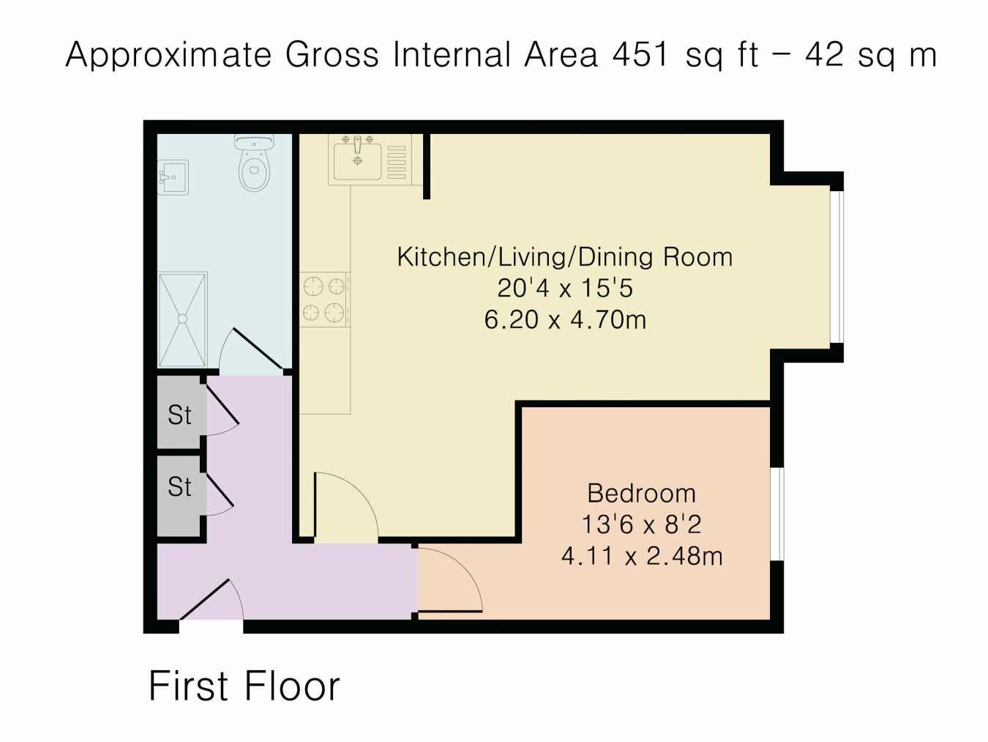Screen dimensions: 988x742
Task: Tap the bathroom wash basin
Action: click(x=173, y=177)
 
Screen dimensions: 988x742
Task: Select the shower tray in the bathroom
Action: click(x=182, y=319)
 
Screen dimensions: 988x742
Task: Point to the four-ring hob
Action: click(x=324, y=299)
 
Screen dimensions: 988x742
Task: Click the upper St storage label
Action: click(x=179, y=415)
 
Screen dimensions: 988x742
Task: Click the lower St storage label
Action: click(x=179, y=487)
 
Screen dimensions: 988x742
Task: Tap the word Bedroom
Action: click(x=641, y=493)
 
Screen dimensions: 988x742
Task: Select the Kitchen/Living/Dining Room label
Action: click(x=565, y=257)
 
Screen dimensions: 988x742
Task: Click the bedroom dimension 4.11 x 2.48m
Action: click(x=642, y=556)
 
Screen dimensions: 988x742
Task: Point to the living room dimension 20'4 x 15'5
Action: click(x=565, y=289)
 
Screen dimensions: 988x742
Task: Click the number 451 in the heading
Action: click(x=640, y=54)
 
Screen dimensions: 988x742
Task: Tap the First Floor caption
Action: click(x=244, y=686)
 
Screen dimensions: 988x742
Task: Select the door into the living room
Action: click(x=345, y=507)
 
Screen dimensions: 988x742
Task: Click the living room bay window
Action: click(x=837, y=267)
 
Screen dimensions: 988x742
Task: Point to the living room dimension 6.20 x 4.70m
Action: click(x=565, y=320)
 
